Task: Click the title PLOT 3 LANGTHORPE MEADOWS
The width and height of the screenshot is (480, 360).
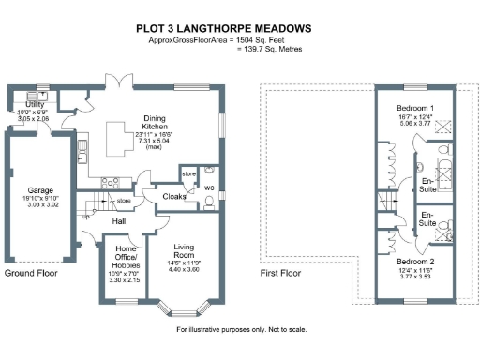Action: click(239, 28)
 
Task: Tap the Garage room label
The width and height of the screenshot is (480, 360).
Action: click(39, 188)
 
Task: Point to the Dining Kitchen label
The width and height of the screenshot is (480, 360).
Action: click(154, 120)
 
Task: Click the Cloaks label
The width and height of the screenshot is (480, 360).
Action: click(174, 197)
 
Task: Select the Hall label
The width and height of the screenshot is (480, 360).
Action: click(119, 221)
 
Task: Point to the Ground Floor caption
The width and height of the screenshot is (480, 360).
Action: click(33, 273)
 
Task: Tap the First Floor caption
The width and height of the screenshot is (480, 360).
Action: click(284, 273)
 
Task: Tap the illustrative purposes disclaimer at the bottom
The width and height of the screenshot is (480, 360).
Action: click(240, 330)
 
